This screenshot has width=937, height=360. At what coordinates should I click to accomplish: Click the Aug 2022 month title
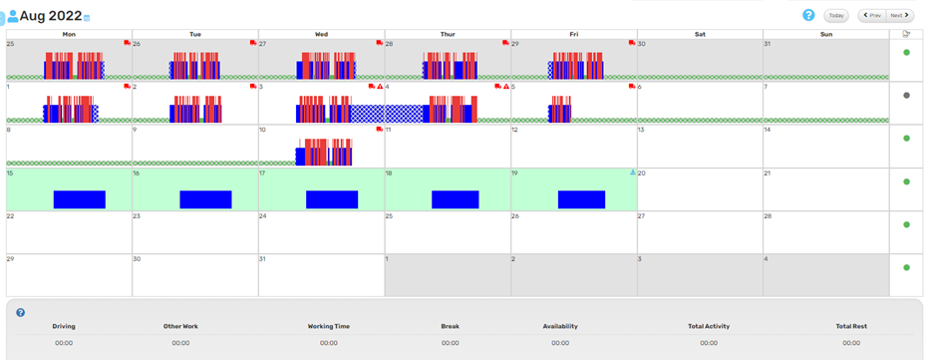[x=50, y=15]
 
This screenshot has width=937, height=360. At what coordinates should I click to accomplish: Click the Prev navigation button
[x=871, y=15]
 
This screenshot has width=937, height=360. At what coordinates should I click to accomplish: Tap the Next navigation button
[x=899, y=15]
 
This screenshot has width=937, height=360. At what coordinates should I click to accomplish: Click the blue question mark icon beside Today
[x=808, y=15]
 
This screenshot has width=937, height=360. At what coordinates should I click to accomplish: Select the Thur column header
[x=448, y=34]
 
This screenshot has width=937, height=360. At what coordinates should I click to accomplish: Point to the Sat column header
[x=700, y=34]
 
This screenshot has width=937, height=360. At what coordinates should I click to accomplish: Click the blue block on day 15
[x=79, y=199]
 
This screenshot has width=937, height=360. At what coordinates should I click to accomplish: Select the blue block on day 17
[x=331, y=199]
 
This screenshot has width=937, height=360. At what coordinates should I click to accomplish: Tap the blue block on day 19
[x=581, y=199]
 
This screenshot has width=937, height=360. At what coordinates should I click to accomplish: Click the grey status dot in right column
[x=906, y=96]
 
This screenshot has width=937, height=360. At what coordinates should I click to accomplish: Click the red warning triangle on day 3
[x=380, y=87]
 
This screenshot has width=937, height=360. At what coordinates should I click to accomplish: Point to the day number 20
[x=642, y=173]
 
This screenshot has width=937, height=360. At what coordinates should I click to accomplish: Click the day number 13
[x=642, y=130]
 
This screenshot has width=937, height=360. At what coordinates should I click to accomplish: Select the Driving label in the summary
[x=64, y=326]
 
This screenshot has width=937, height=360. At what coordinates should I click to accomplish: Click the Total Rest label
[x=850, y=326]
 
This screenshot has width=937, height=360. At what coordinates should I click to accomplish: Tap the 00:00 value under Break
[x=450, y=343]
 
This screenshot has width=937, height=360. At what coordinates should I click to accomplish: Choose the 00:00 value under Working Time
[x=329, y=343]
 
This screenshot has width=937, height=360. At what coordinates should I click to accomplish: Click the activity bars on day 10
[x=325, y=152]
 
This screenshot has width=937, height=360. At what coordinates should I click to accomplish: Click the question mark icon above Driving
[x=21, y=312]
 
